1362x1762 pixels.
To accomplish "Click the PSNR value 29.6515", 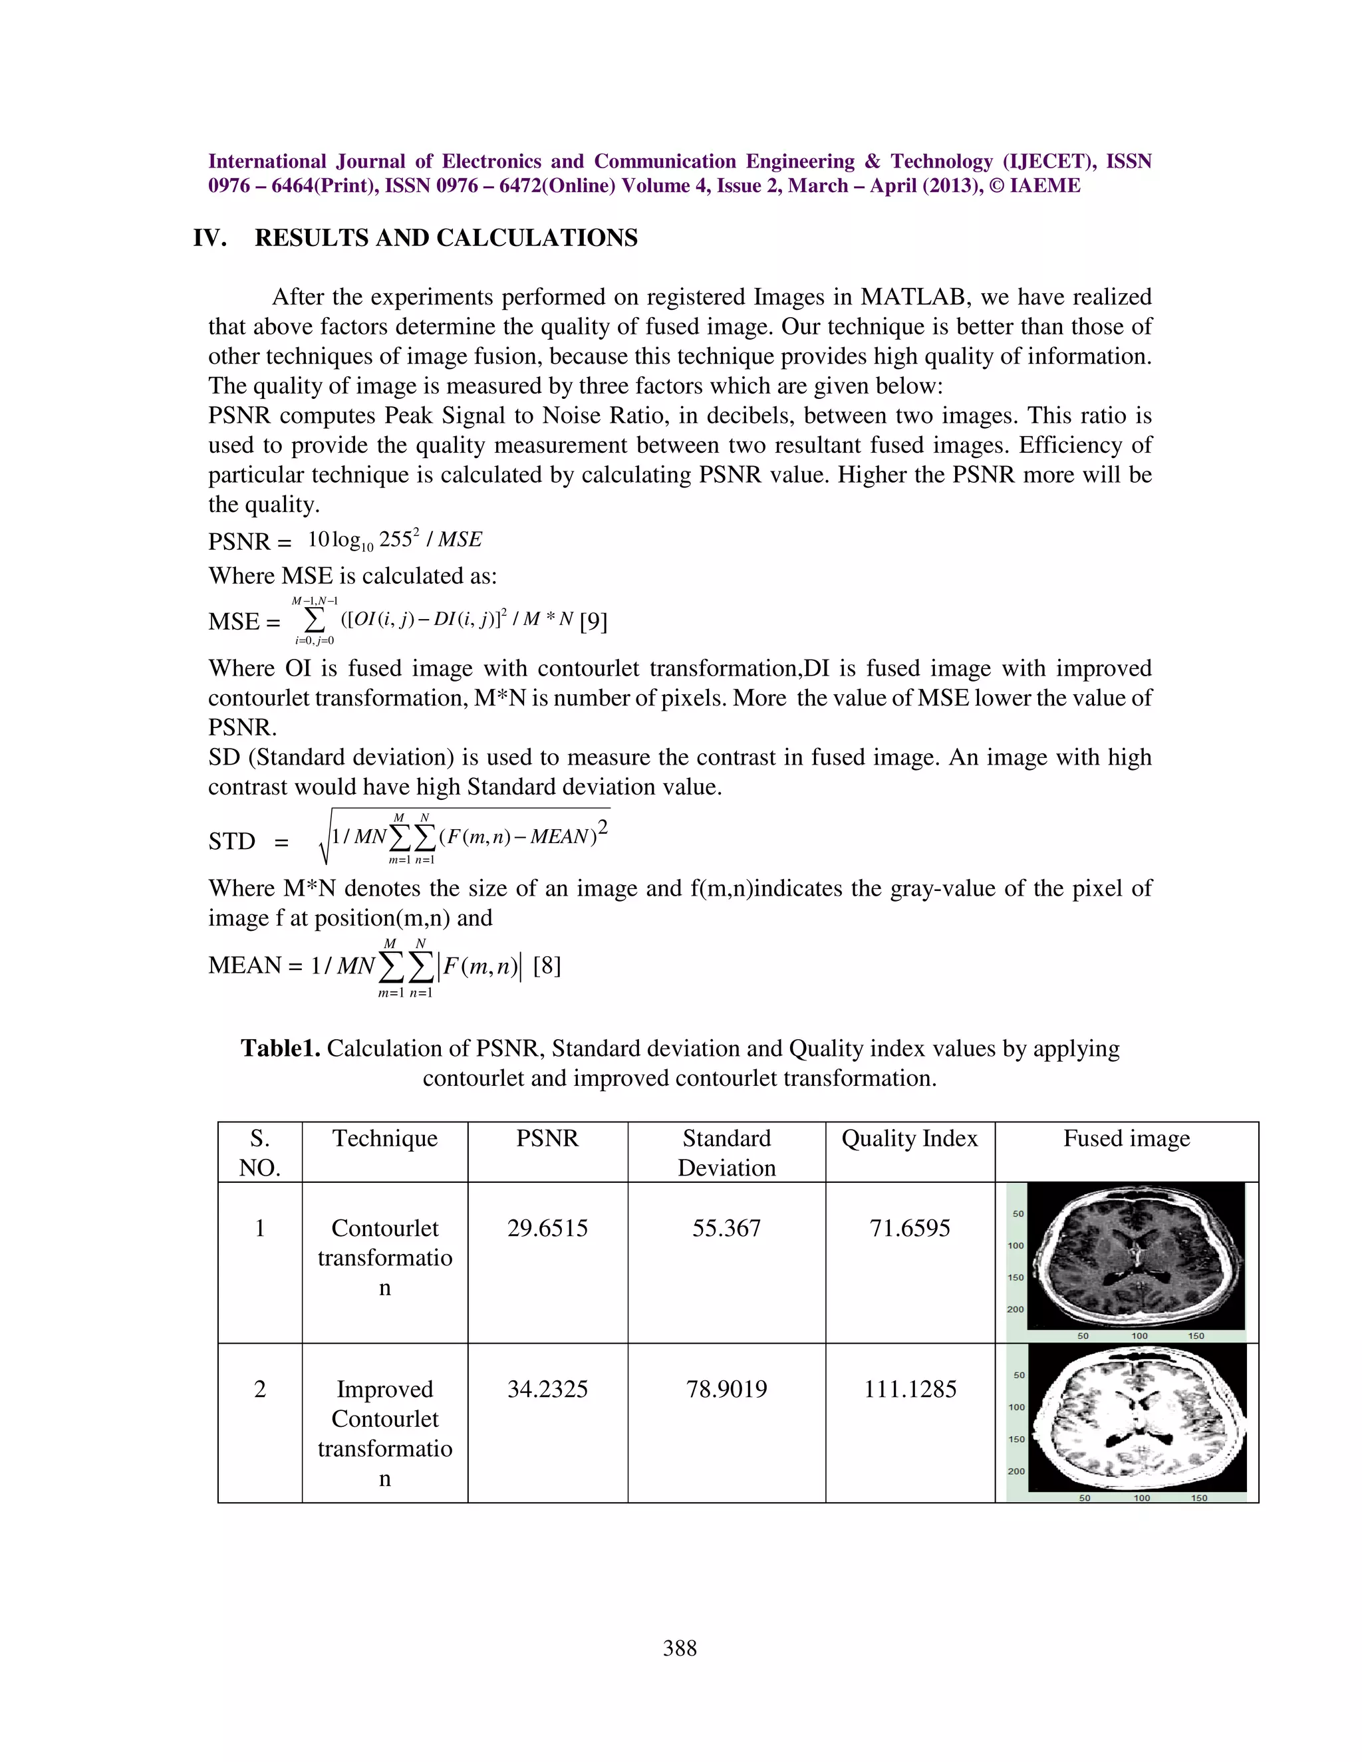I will [547, 1228].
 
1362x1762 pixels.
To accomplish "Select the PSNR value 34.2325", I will [547, 1389].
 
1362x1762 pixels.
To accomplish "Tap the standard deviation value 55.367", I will [726, 1228].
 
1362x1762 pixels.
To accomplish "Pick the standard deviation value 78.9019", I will [726, 1389].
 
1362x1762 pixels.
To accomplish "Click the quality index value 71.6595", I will [909, 1228].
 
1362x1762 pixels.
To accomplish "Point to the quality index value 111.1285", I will [909, 1389].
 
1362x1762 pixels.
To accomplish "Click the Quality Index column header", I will [909, 1138].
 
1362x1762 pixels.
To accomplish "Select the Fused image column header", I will [1127, 1138].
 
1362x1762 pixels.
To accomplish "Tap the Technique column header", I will [385, 1138].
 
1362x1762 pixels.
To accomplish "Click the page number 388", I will [680, 1648].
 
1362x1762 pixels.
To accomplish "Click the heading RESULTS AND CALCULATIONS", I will [446, 238].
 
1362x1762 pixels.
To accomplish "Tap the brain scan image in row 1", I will [1136, 1256].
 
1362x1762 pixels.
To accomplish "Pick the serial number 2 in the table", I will [260, 1389].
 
